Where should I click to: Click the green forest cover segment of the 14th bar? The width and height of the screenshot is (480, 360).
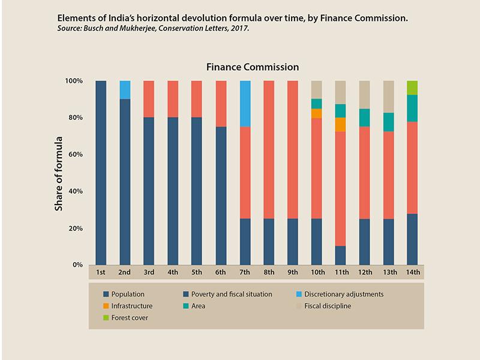(412, 88)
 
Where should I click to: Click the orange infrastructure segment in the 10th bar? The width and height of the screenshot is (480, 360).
(316, 113)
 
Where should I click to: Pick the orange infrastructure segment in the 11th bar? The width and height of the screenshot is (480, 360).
(340, 124)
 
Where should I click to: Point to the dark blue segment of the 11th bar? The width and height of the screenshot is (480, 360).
(340, 255)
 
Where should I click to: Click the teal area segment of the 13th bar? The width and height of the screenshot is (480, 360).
(388, 122)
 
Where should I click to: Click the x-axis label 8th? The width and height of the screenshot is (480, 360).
(269, 272)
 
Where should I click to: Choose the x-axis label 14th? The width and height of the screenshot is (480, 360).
(412, 272)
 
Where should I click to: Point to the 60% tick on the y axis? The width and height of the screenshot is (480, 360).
(74, 154)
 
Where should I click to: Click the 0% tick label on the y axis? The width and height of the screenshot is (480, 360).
(78, 265)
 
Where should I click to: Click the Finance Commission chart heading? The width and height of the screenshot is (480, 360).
(253, 67)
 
